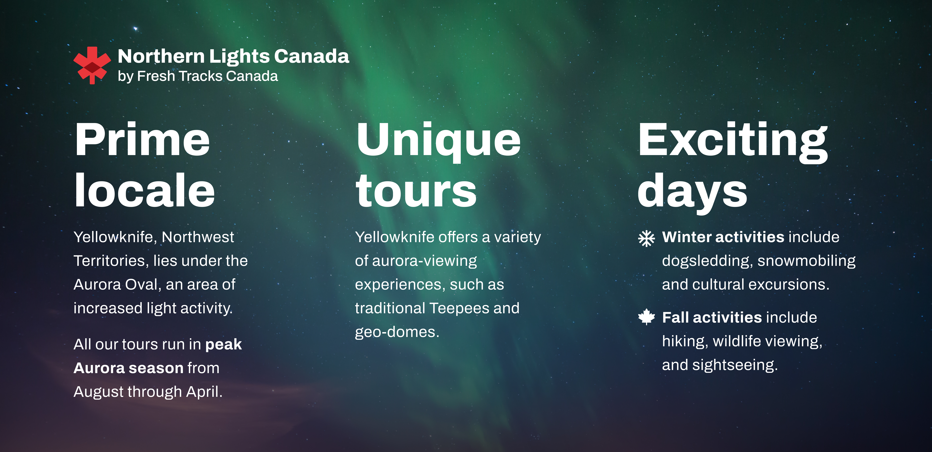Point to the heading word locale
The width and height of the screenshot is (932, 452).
[x=145, y=190]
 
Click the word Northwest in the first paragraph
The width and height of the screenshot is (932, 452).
[x=198, y=237]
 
